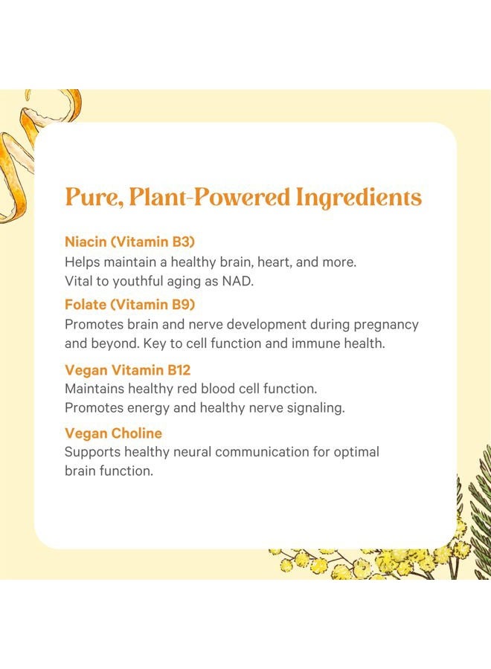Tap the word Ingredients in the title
(359, 198)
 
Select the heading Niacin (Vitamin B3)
(129, 242)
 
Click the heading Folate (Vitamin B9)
(130, 304)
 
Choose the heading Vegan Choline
(113, 433)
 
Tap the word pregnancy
(384, 325)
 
